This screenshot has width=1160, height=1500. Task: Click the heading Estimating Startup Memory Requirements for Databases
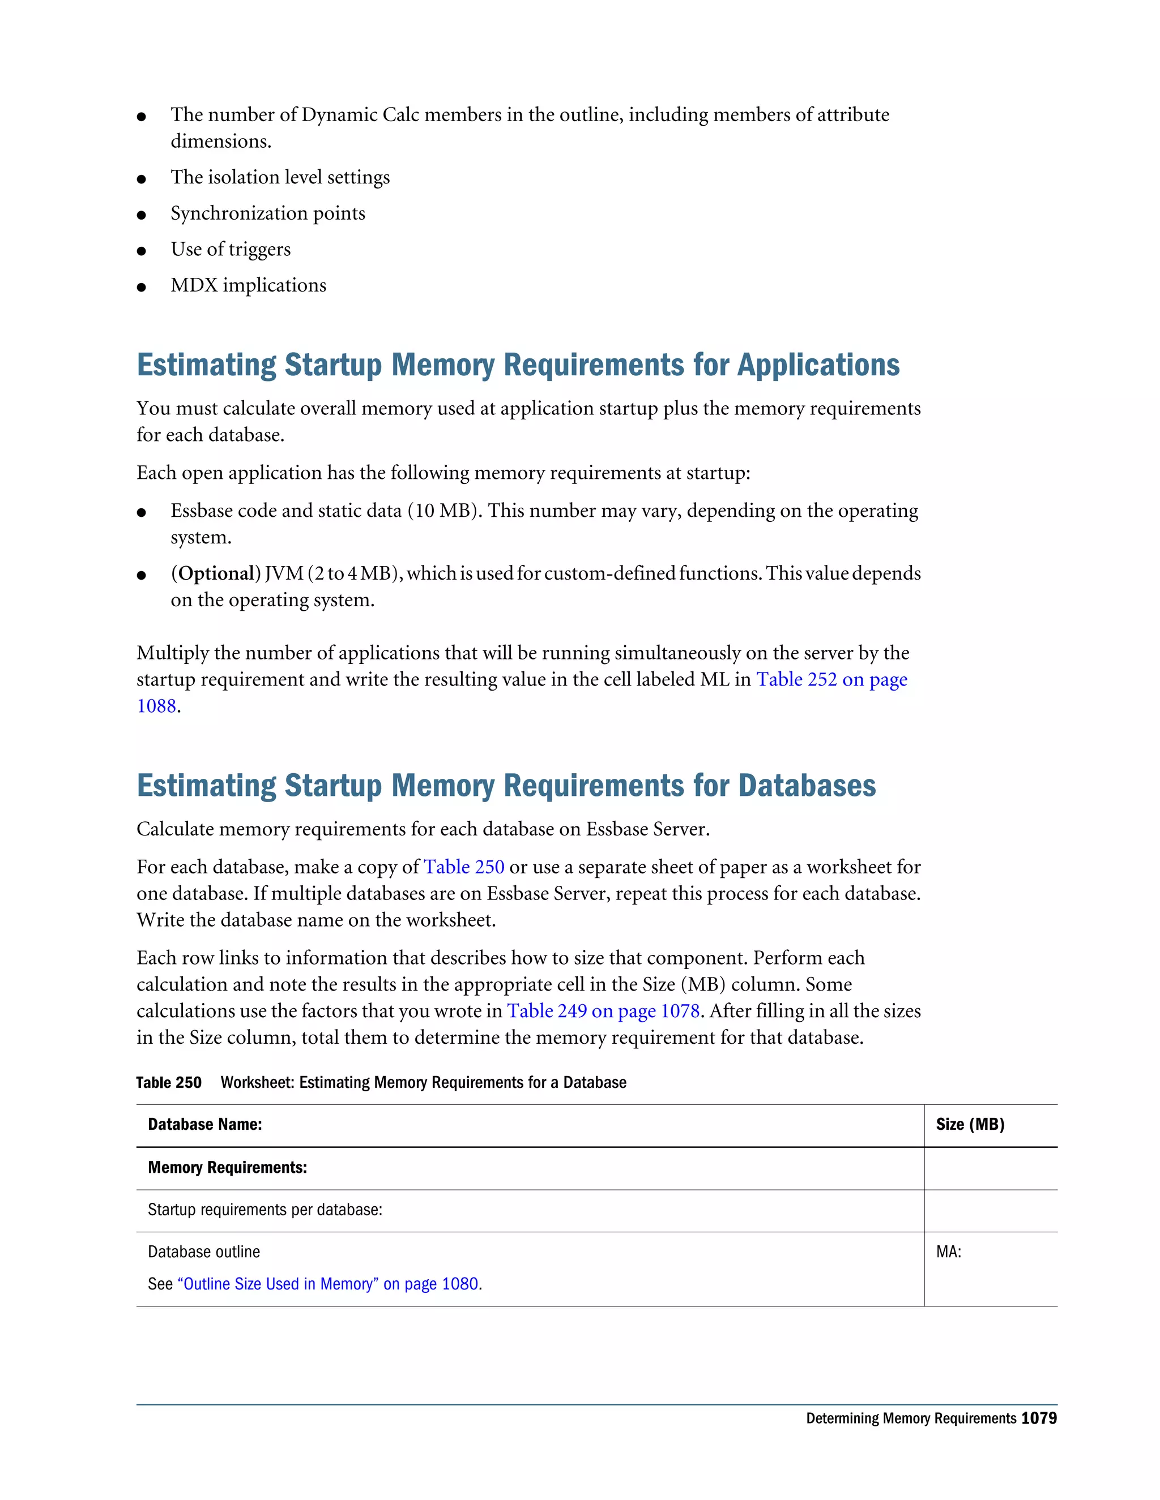tap(506, 786)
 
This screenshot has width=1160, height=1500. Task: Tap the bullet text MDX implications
tap(248, 285)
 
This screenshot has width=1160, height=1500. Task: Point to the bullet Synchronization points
tap(267, 213)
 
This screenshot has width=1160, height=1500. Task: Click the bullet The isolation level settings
tap(280, 177)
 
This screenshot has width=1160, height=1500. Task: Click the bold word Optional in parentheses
tap(216, 573)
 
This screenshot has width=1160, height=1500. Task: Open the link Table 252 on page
tap(831, 679)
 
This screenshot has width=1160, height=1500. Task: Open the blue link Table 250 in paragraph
tap(464, 867)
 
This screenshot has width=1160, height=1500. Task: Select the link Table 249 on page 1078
tap(603, 1011)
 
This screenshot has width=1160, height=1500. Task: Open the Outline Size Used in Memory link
tap(328, 1284)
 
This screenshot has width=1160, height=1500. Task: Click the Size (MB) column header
tap(970, 1124)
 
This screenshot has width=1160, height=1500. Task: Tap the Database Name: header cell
tap(205, 1124)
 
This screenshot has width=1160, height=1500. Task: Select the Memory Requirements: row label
tap(227, 1168)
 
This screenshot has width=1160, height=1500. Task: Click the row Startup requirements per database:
tap(265, 1210)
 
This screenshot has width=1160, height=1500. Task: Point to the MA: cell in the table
tap(948, 1252)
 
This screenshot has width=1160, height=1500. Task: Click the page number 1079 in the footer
tap(1038, 1418)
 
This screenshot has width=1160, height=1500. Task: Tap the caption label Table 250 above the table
tap(168, 1082)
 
